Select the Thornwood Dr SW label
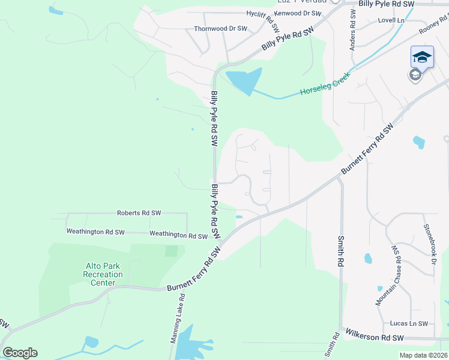(220, 28)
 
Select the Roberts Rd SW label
(139, 213)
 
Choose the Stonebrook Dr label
(427, 245)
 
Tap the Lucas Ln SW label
(409, 323)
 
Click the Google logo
(20, 353)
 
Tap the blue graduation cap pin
(422, 57)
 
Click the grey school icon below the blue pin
(415, 75)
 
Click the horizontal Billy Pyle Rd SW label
(387, 4)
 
